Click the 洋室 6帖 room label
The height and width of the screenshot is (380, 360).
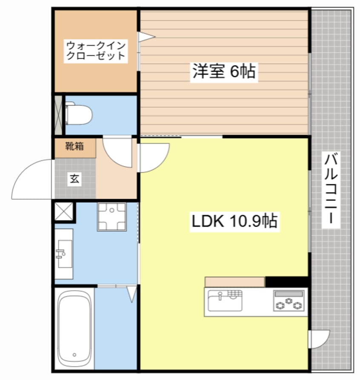[x=223, y=71]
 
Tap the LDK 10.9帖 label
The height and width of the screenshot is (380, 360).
[x=234, y=221]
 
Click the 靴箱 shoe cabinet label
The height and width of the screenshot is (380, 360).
[x=74, y=146]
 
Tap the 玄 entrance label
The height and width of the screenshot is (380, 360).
[x=74, y=179]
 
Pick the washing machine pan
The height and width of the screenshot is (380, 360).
[x=112, y=217]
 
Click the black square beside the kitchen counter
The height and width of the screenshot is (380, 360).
[x=286, y=282]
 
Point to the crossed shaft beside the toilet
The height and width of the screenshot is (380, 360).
[x=58, y=114]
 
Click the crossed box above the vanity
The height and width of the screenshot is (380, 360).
[x=63, y=212]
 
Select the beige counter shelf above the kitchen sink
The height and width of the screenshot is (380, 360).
[x=235, y=282]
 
